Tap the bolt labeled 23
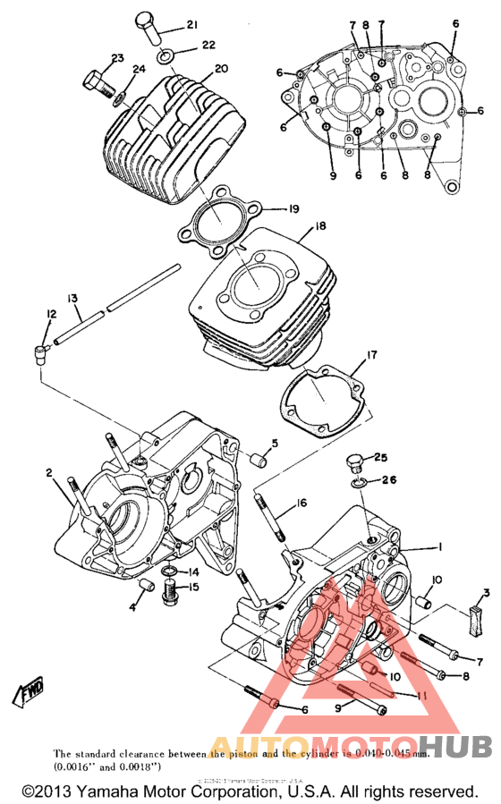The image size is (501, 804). pos(97,84)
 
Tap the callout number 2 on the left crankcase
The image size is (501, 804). pos(50,473)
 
